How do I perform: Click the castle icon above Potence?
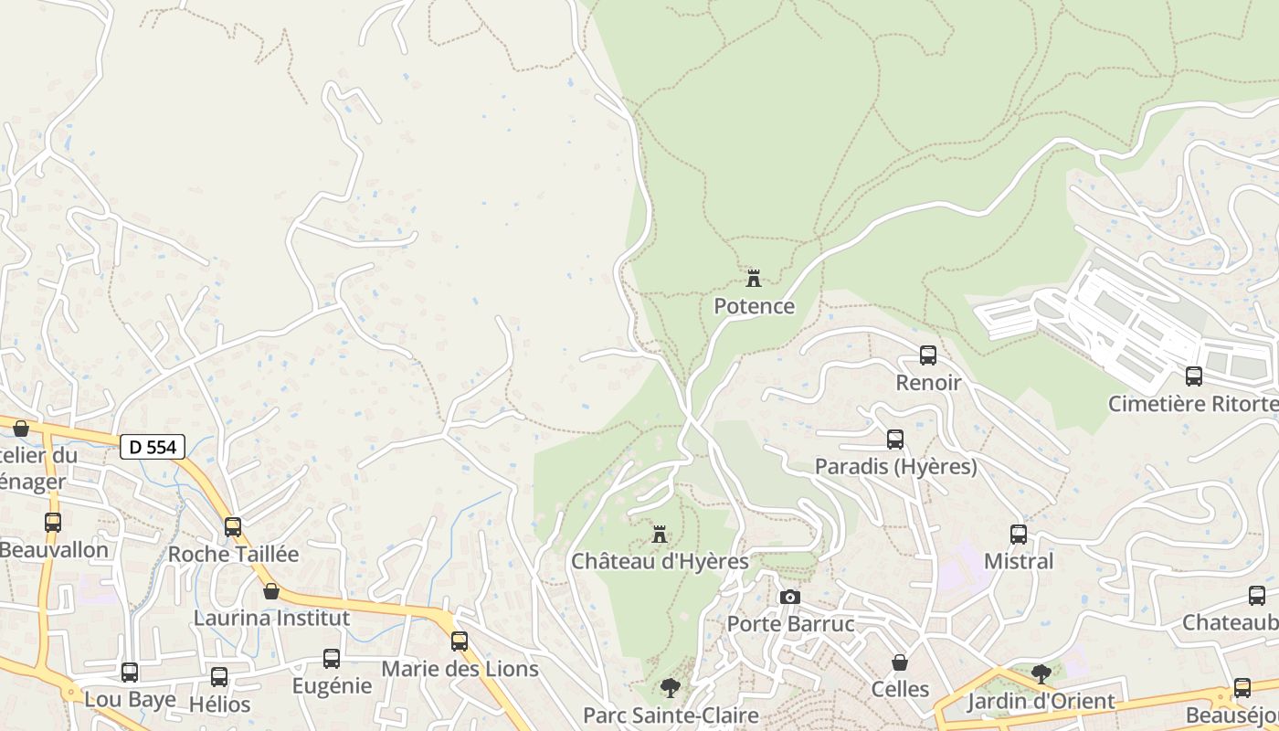tap(754, 278)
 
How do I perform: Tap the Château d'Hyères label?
tap(660, 561)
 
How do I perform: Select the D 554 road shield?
tap(153, 447)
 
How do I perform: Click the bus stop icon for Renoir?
tap(928, 355)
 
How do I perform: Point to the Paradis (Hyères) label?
tap(895, 467)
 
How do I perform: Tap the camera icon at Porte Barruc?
tap(790, 597)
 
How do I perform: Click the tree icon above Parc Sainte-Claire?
tap(671, 687)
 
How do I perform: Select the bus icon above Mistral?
tap(1019, 534)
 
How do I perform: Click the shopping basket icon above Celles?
tap(900, 662)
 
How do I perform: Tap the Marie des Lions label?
tap(460, 669)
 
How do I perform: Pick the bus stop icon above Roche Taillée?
tap(233, 526)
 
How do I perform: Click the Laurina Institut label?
tap(271, 618)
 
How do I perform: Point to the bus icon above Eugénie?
tap(332, 658)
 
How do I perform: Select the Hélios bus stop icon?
tap(219, 676)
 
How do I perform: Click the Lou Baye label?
tap(130, 700)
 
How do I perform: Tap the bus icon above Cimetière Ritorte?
tap(1194, 376)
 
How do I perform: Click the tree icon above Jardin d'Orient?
tap(1041, 674)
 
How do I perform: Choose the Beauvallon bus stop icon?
tap(53, 523)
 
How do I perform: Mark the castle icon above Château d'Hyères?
tap(659, 534)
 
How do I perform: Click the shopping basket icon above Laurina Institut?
tap(271, 591)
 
